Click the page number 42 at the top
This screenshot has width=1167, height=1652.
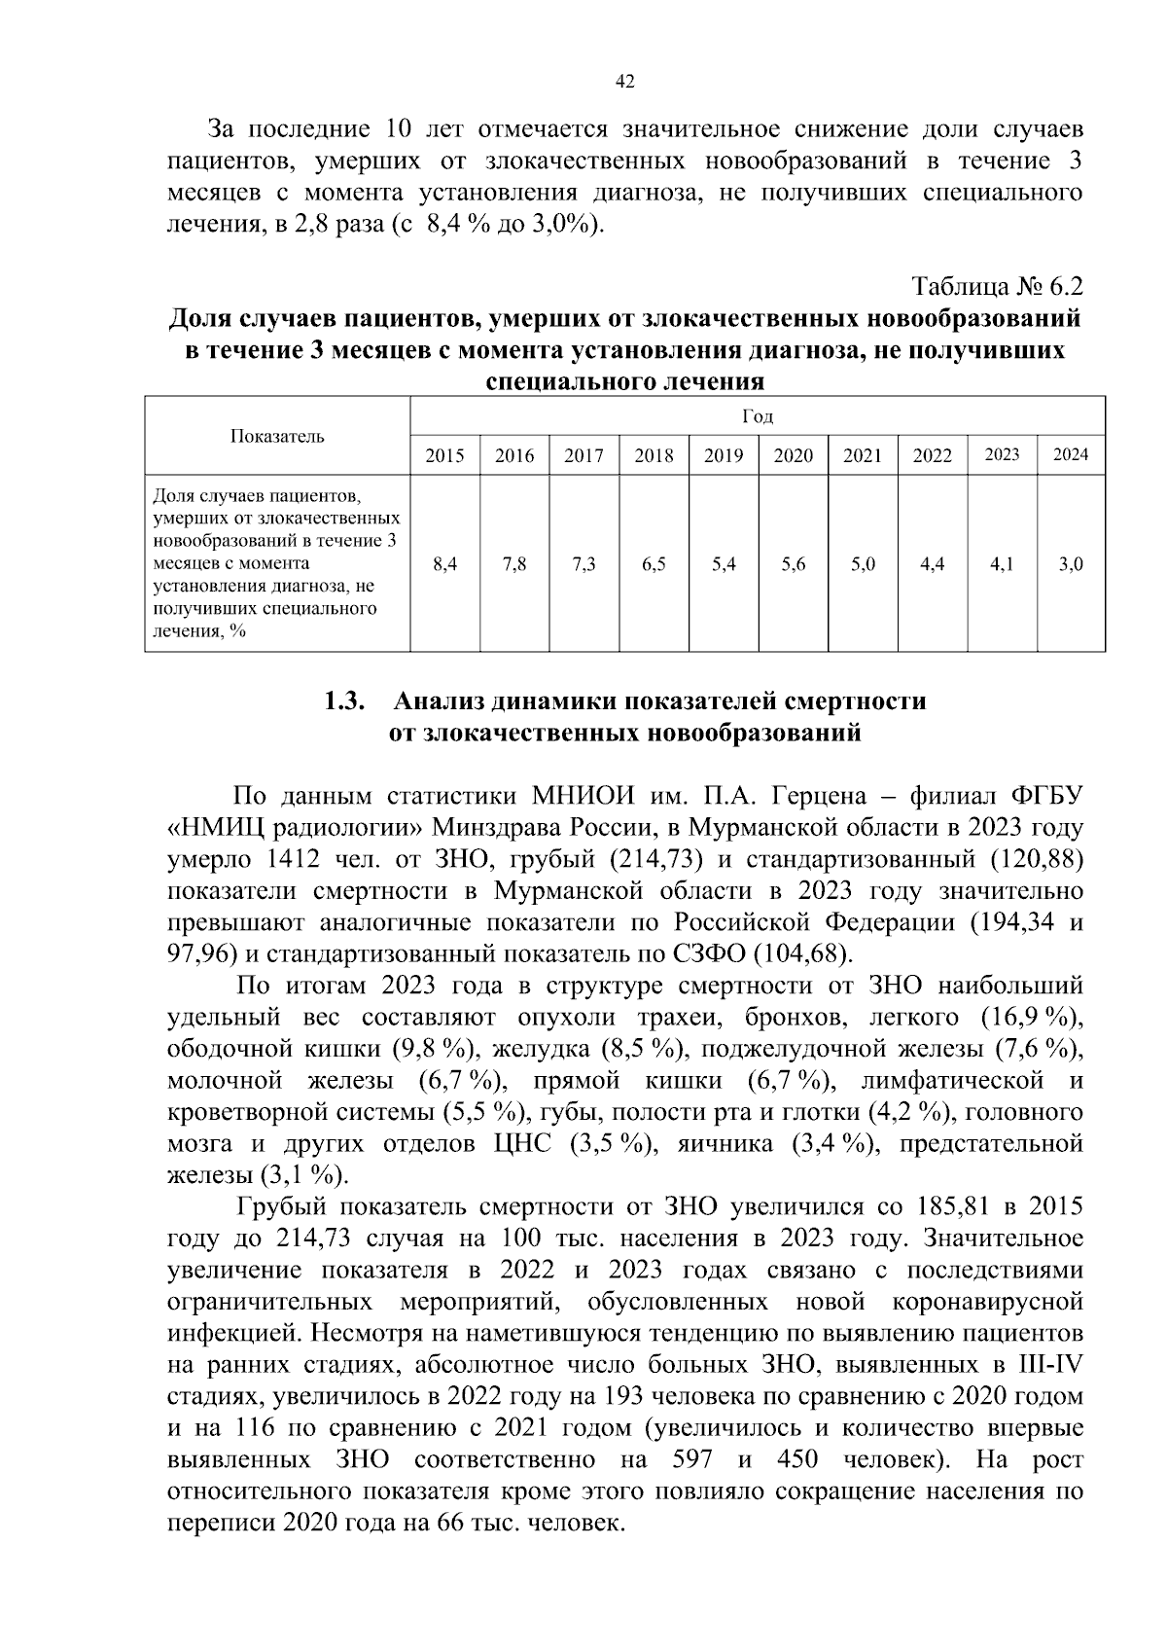[625, 83]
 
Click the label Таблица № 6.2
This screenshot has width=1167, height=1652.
[997, 287]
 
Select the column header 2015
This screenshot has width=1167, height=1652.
[444, 455]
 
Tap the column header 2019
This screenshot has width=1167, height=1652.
[723, 455]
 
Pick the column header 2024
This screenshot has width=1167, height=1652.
[1071, 454]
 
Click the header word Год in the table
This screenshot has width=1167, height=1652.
[758, 416]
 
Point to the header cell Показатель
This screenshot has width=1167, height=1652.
[277, 436]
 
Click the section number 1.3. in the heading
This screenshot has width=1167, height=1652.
[344, 701]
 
